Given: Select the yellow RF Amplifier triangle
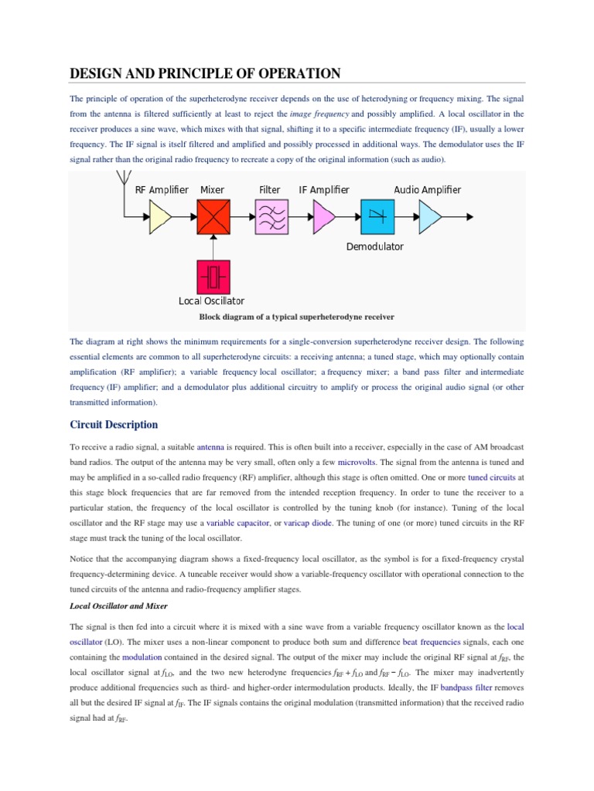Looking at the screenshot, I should (x=160, y=218).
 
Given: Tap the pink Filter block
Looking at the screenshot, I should (x=271, y=218).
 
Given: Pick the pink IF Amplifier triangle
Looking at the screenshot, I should (x=323, y=218).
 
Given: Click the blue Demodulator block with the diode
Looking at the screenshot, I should (x=377, y=218).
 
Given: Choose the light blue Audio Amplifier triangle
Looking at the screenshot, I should (x=430, y=218).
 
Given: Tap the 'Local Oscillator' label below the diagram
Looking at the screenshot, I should (x=211, y=301).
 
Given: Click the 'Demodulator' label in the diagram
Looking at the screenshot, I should (x=374, y=247).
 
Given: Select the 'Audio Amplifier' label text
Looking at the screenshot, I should (x=427, y=190).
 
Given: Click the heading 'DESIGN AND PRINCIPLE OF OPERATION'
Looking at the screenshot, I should (x=205, y=74).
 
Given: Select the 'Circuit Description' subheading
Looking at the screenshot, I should (x=114, y=425).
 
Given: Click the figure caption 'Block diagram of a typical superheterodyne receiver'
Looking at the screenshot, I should (x=297, y=317).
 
